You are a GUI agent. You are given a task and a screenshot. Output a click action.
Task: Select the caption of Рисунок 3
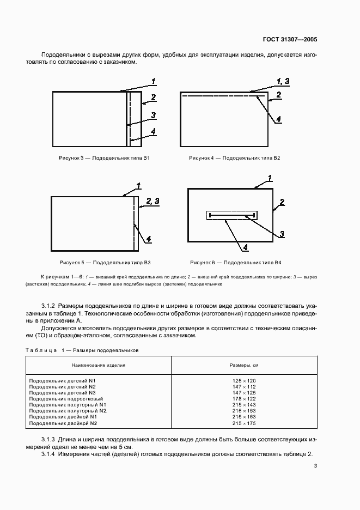click(x=105, y=158)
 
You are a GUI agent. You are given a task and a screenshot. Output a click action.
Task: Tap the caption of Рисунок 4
click(x=235, y=158)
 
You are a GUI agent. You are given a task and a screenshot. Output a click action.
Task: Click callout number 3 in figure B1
click(x=154, y=115)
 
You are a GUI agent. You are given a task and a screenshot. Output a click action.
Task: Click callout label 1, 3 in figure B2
click(x=283, y=81)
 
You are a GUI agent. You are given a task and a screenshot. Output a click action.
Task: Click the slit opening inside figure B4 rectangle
click(x=231, y=216)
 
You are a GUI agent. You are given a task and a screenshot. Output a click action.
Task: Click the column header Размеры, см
click(x=243, y=365)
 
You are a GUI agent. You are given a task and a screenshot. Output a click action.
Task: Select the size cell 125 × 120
click(x=244, y=380)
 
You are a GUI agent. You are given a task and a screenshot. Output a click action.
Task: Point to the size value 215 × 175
click(x=244, y=423)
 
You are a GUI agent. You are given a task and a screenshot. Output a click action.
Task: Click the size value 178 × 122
click(x=244, y=399)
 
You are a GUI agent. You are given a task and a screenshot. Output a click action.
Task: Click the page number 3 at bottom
click(x=315, y=466)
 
